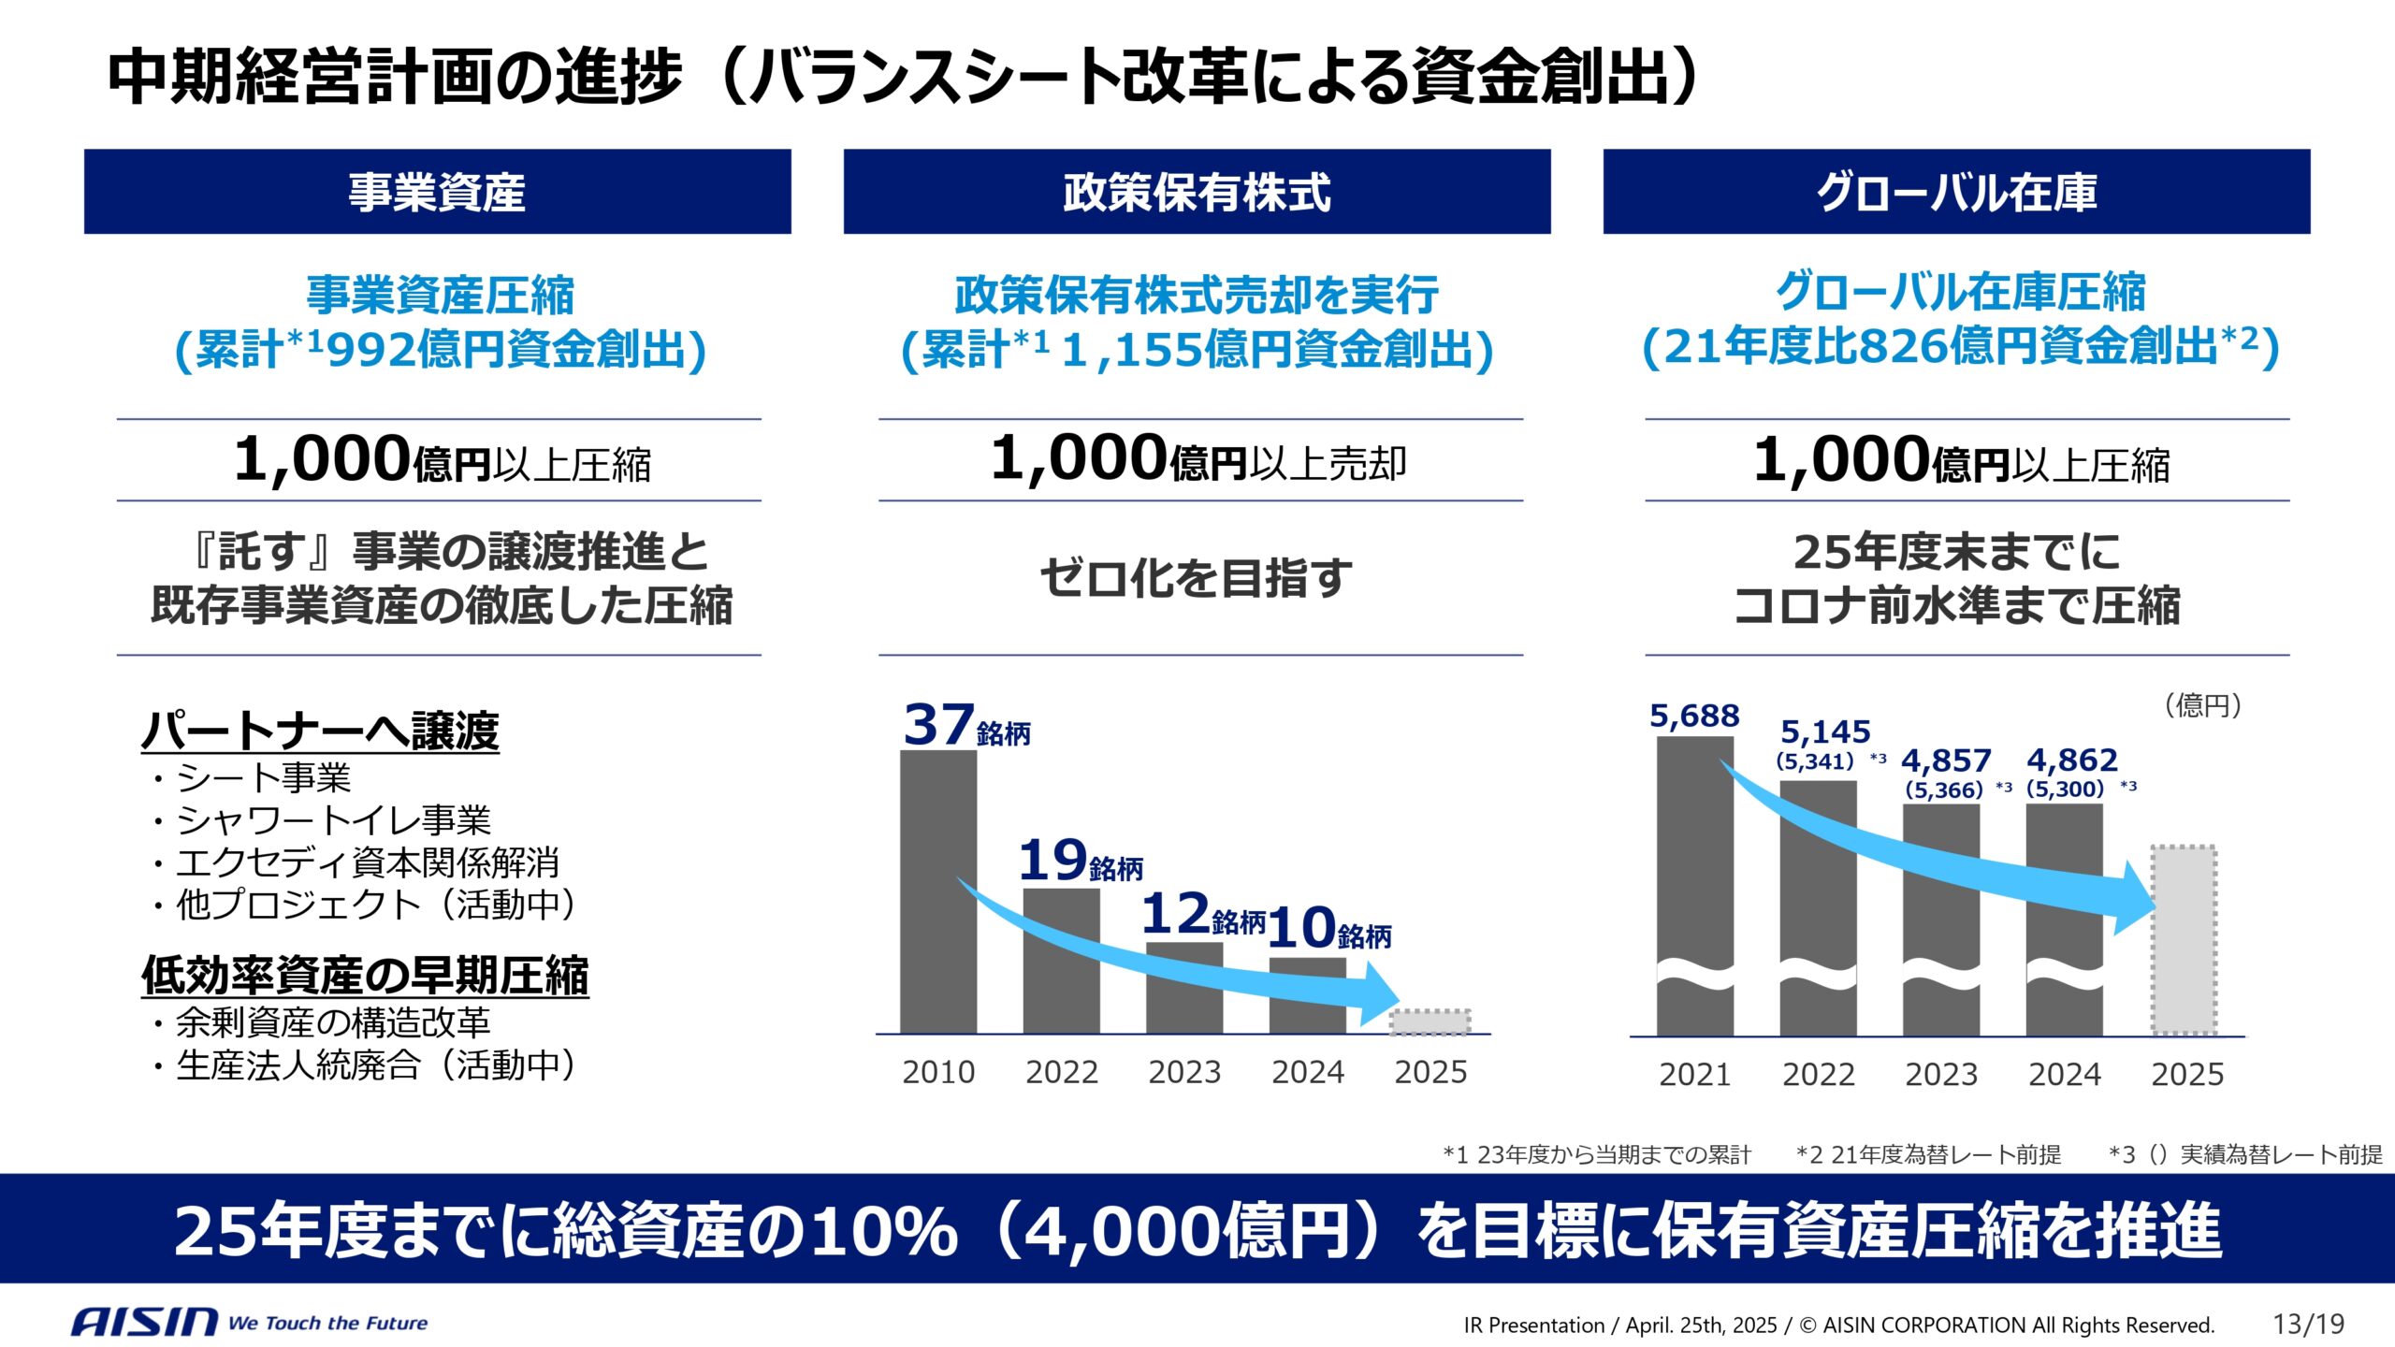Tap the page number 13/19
[2308, 1324]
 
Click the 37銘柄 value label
[965, 726]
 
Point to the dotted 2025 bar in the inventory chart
[2184, 939]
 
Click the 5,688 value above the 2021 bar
[1693, 717]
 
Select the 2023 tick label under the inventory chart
[1941, 1074]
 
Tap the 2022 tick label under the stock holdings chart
[1061, 1072]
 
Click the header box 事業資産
[437, 192]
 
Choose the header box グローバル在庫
[1956, 192]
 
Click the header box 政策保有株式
[1197, 192]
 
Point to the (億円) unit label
[2202, 705]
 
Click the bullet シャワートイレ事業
[332, 820]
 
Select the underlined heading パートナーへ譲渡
[320, 731]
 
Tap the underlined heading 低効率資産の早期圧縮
[365, 976]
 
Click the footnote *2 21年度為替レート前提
[1928, 1155]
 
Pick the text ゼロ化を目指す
[1197, 577]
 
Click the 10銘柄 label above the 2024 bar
[1329, 928]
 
